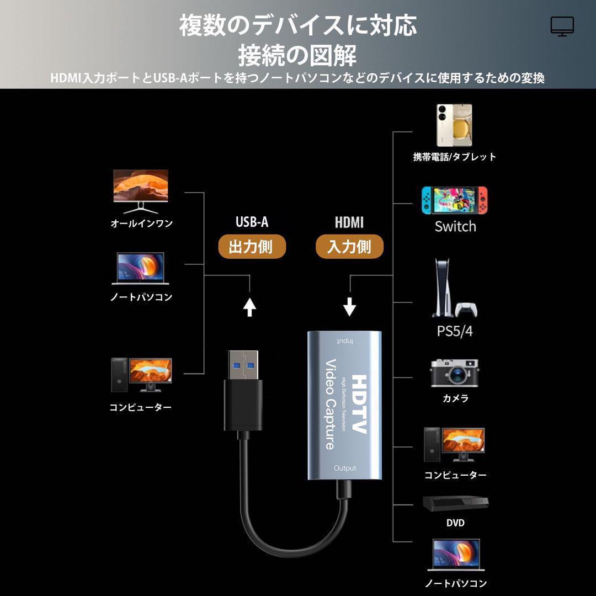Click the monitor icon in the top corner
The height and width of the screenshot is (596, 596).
coord(562,26)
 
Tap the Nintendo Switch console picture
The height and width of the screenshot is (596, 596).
coord(455,201)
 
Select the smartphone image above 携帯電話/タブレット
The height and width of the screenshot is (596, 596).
coord(454,125)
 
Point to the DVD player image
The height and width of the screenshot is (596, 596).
coord(455,503)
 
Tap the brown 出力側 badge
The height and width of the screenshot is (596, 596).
coord(251,246)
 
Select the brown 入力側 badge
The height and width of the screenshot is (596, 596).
coord(349,246)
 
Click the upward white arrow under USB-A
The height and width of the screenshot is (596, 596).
coord(250,306)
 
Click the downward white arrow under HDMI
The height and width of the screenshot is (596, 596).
coord(349,306)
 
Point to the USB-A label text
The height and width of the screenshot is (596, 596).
coord(252,222)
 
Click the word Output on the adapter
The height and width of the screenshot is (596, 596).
coord(345,468)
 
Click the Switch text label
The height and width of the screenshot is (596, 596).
coord(455,226)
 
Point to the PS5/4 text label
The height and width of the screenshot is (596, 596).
coord(455,331)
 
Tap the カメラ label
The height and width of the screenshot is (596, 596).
coord(455,398)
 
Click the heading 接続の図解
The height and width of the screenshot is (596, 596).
coord(297,55)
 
